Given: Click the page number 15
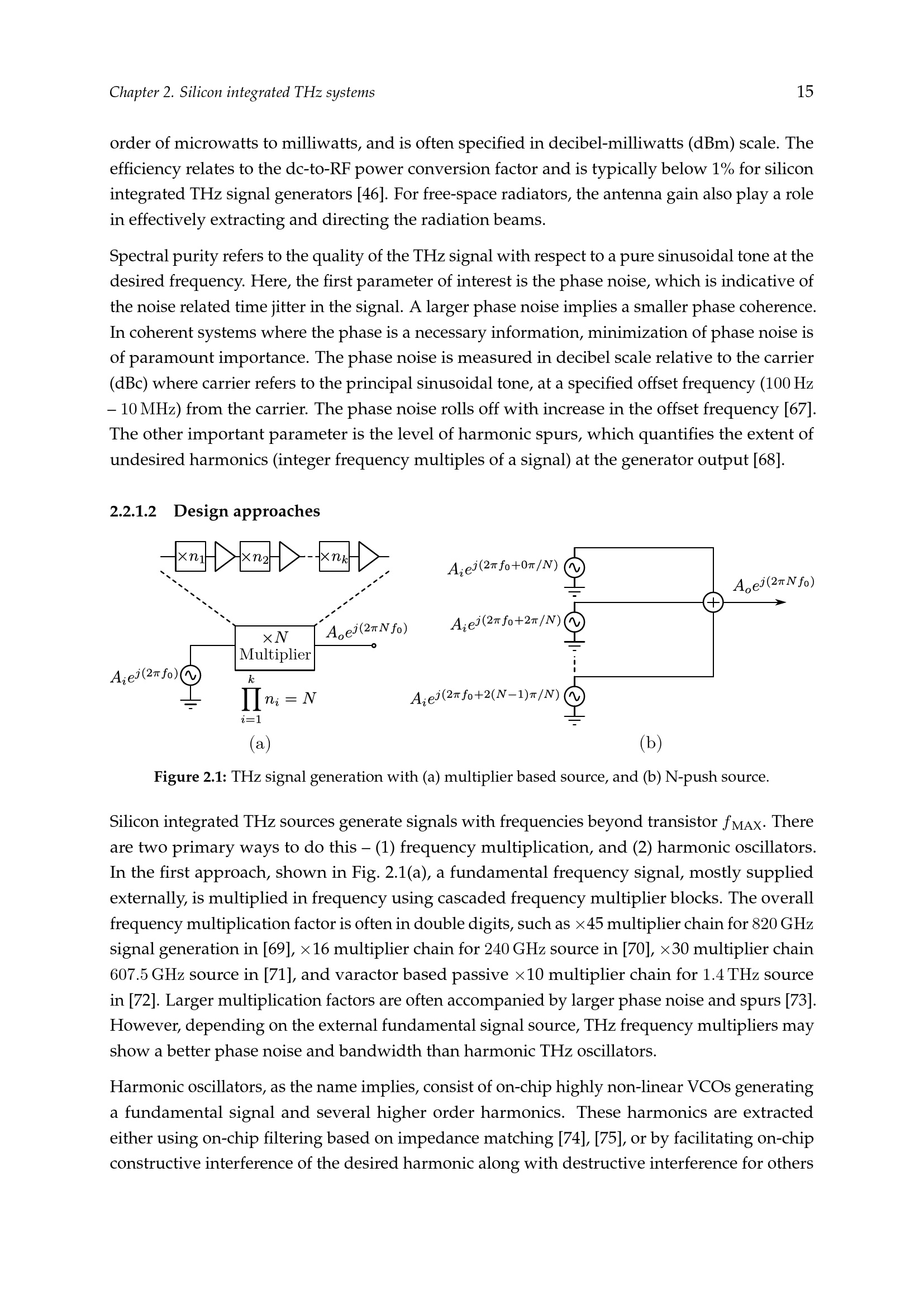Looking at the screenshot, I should (804, 92).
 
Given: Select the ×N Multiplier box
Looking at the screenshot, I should (275, 648).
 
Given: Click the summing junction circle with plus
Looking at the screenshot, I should (713, 602).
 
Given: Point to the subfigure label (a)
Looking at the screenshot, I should (260, 743).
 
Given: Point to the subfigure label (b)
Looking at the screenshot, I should (651, 743).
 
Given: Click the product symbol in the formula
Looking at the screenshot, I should (251, 699).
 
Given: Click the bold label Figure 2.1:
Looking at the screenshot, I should (190, 777).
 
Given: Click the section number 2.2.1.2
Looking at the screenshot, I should (133, 511).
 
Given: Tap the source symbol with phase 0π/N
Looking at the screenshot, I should (575, 568).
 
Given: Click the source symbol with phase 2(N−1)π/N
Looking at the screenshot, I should (575, 696).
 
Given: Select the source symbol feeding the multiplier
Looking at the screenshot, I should (190, 675).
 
